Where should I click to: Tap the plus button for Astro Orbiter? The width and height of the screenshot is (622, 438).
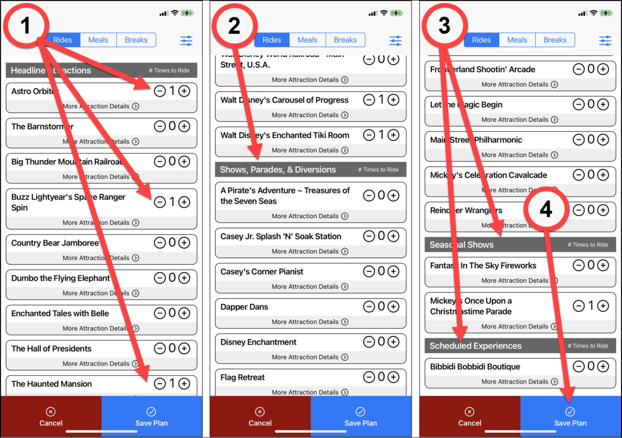[184, 91]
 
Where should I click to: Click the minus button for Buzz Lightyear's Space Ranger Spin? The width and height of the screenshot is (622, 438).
[160, 202]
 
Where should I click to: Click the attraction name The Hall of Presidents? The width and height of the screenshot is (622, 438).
[51, 349]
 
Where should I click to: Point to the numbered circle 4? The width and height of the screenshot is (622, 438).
[546, 209]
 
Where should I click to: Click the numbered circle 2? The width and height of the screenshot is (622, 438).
[234, 26]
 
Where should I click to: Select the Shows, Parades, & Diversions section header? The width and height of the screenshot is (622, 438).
[278, 169]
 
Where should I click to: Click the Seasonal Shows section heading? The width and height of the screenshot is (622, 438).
[461, 245]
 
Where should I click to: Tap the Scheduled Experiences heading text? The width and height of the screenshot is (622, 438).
[475, 346]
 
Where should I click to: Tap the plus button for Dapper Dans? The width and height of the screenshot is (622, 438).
[393, 307]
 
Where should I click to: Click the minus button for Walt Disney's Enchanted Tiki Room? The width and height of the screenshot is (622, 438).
[369, 135]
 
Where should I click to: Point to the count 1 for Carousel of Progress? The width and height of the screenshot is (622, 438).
[381, 100]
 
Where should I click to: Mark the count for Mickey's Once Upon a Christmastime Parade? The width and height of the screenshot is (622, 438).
[590, 306]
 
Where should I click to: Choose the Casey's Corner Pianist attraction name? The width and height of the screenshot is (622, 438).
[262, 272]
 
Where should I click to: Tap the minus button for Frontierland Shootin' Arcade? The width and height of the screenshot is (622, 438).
[578, 69]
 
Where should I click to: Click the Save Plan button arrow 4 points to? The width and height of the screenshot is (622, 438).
[570, 417]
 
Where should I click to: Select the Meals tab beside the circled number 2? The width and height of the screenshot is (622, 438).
[307, 40]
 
